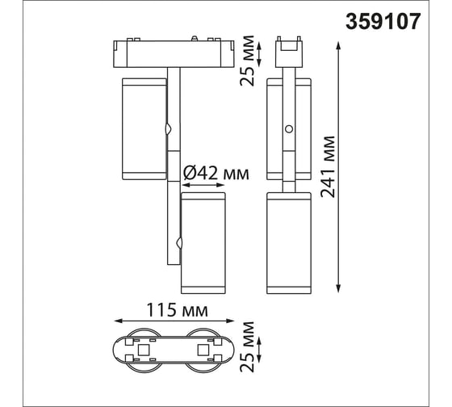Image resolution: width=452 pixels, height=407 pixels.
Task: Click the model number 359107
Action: tap(383, 22)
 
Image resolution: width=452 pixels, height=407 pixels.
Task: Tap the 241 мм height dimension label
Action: tap(329, 166)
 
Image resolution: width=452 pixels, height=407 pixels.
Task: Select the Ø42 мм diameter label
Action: tap(216, 174)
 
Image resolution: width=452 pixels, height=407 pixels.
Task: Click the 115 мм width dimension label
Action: tap(177, 310)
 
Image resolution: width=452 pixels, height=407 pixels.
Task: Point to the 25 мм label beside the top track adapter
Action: tap(247, 61)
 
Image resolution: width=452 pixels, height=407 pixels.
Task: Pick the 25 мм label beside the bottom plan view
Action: tap(247, 346)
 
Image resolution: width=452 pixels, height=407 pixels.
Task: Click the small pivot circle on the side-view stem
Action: tap(289, 129)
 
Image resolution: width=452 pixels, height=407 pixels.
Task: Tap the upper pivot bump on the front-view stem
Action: tap(169, 129)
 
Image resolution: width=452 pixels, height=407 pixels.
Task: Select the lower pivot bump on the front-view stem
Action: tap(179, 243)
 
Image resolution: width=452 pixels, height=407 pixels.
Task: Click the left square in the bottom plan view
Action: tap(143, 350)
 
